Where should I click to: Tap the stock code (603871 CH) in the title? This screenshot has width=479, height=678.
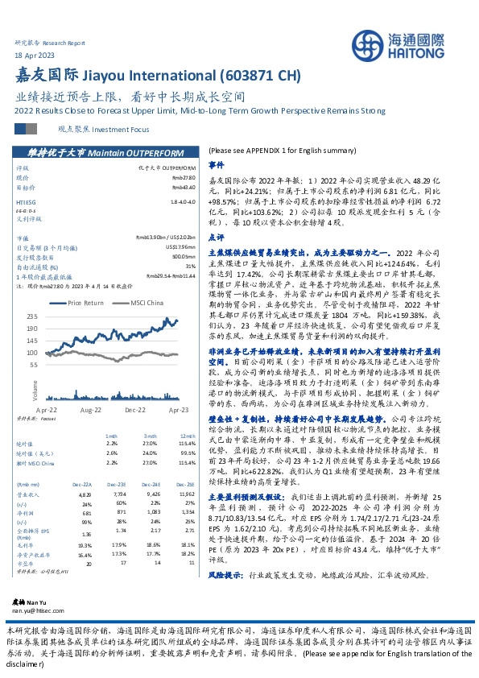256,76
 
